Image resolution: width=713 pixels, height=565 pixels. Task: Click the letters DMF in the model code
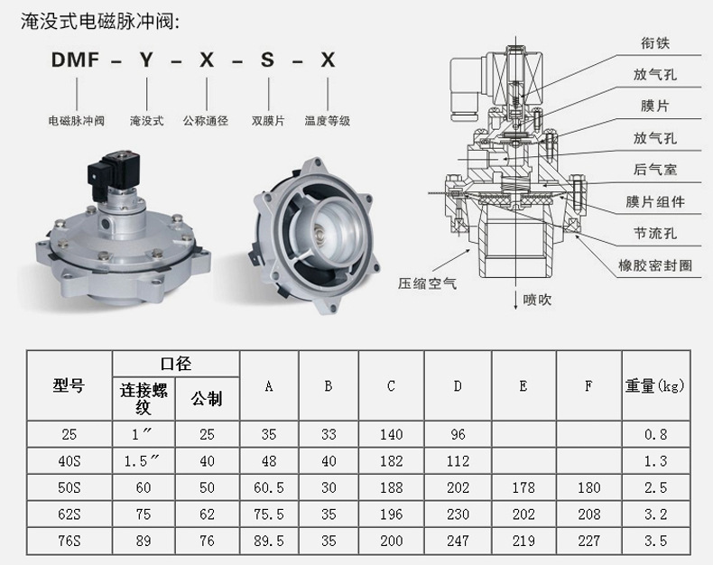coord(75,60)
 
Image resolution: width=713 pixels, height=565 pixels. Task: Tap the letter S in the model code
coord(267,60)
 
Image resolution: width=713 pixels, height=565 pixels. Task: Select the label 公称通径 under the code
coord(206,121)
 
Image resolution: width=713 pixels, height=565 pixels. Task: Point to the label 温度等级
coord(328,121)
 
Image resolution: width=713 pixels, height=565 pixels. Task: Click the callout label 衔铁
coord(655,42)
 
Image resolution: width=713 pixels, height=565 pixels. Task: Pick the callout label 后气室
coord(655,170)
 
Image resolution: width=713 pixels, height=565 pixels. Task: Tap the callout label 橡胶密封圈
coord(655,265)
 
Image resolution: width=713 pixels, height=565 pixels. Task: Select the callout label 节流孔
coord(655,234)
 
